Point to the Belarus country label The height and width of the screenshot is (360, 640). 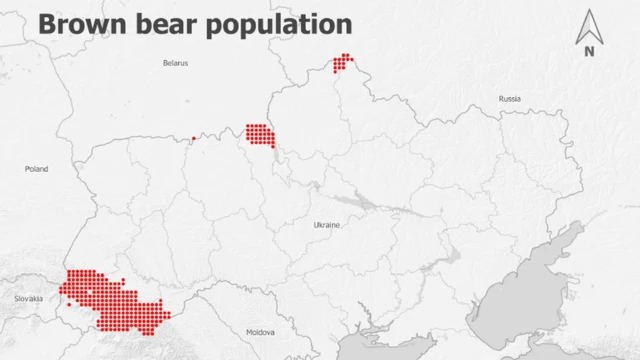(175, 63)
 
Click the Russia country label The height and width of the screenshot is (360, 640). (510, 99)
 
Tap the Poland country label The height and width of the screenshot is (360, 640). (36, 169)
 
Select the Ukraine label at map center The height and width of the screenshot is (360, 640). (327, 225)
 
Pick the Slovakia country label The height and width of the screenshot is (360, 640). (29, 299)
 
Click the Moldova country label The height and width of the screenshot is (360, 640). (260, 331)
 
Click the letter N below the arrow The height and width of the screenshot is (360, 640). (589, 51)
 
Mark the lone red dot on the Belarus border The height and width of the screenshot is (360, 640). (193, 139)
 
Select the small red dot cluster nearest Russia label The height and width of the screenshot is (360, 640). (343, 63)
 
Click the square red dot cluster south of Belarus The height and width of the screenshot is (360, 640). (260, 135)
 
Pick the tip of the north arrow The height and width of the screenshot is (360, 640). (589, 10)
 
